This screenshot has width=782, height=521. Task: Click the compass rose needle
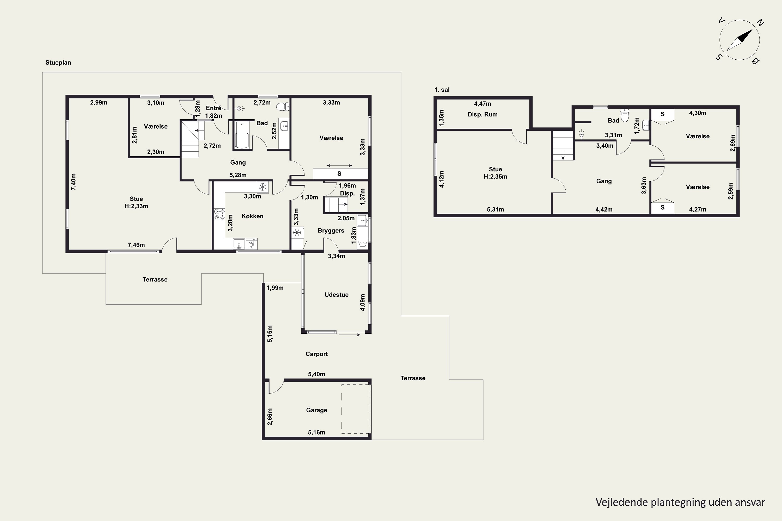click(740, 40)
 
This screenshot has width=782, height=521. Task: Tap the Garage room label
click(316, 410)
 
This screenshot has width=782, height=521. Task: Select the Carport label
click(316, 354)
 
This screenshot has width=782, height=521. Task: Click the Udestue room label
click(337, 295)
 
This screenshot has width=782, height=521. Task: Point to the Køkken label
click(252, 216)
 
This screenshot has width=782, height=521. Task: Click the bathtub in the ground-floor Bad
click(242, 135)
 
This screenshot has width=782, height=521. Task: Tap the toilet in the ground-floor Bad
click(283, 107)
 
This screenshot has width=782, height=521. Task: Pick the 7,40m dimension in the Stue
click(74, 182)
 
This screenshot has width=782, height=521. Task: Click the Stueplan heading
click(58, 63)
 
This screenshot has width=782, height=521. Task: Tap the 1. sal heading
click(442, 90)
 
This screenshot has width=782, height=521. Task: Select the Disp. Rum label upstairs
click(482, 114)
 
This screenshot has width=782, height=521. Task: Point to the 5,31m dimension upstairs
click(496, 209)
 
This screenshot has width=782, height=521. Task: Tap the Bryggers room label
click(331, 230)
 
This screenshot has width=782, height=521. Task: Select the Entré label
click(213, 108)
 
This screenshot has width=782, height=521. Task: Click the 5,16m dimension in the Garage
click(316, 432)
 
